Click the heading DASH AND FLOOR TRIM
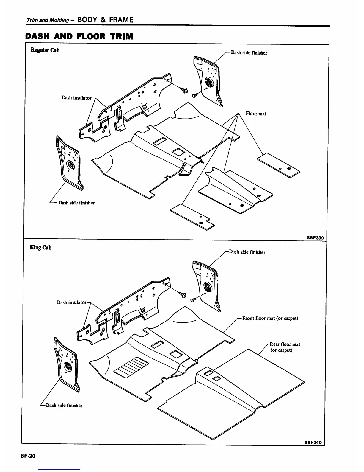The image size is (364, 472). tap(79, 36)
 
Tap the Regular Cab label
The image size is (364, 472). tap(45, 50)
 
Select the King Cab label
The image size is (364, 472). tap(41, 247)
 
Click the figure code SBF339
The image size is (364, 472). tap(315, 238)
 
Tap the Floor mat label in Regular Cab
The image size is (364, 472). tap(256, 114)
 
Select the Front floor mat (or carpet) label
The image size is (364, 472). tap(270, 318)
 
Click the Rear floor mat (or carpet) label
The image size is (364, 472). tap(285, 347)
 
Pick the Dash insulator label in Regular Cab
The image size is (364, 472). tap(76, 97)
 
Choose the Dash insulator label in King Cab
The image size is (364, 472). tap(72, 302)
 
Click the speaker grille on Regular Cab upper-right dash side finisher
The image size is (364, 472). tap(209, 82)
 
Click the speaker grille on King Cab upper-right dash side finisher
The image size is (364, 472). tap(207, 287)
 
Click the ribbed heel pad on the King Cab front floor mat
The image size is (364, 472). tap(131, 367)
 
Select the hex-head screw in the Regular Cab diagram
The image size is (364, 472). tap(185, 91)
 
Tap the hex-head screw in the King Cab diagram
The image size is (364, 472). tap(183, 295)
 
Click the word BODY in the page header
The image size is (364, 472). tap(87, 20)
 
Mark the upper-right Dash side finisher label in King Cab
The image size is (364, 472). tap(247, 252)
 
